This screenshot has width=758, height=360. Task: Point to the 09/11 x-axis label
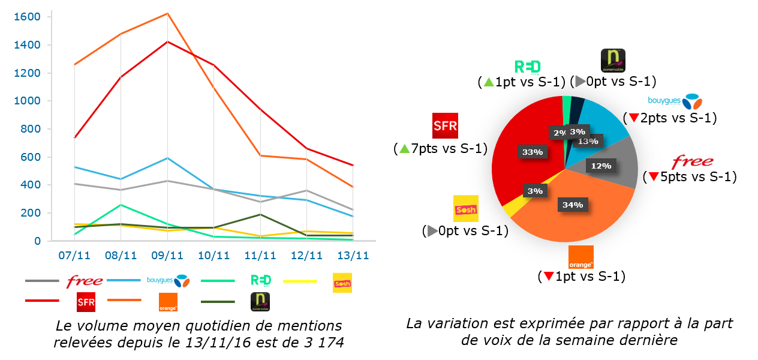[x=167, y=256]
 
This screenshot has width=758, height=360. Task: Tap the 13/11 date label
[x=353, y=256]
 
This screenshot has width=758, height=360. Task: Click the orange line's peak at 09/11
[x=167, y=13]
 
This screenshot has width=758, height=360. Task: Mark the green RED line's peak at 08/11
[x=121, y=205]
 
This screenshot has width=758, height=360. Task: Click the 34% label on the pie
[x=572, y=205]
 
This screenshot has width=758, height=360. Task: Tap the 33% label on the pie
[x=533, y=152]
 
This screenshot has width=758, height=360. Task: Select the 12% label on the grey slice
[x=601, y=165]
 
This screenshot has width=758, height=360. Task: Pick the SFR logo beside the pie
[x=445, y=125]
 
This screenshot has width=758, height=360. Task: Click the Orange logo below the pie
[x=580, y=257]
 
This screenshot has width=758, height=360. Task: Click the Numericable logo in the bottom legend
[x=260, y=302]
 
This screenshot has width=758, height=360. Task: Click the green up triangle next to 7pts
[x=404, y=148]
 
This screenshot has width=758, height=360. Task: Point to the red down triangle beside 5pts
[x=652, y=178]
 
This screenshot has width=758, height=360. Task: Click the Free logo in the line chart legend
[x=85, y=281]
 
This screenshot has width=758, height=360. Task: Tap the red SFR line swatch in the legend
[x=42, y=300]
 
